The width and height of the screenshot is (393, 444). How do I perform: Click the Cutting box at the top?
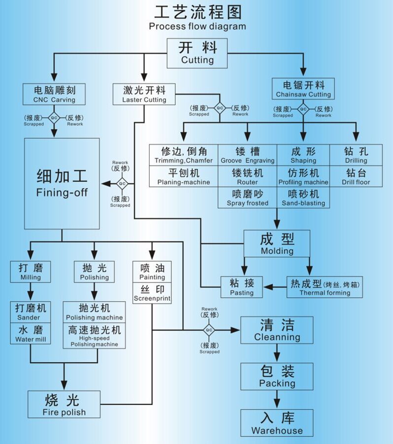(x=197, y=54)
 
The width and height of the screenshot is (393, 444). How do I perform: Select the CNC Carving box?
(x=54, y=94)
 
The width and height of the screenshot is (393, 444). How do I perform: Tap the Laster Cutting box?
(x=144, y=94)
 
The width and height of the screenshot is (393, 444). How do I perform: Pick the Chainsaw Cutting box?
(x=303, y=89)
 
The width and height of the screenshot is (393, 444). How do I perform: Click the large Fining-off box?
(x=62, y=183)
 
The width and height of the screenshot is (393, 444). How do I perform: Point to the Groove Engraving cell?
(x=247, y=155)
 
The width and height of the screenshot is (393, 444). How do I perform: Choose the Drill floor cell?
(x=356, y=177)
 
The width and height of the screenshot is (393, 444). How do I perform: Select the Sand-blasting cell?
(x=303, y=197)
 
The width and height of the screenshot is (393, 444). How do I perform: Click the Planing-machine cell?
(x=183, y=177)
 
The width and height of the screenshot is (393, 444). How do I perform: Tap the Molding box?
(x=277, y=244)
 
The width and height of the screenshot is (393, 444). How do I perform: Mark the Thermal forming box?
(x=325, y=287)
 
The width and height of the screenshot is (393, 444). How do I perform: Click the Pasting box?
(x=241, y=287)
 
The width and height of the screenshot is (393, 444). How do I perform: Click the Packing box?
(x=277, y=377)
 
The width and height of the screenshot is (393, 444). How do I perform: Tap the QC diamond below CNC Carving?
(x=54, y=118)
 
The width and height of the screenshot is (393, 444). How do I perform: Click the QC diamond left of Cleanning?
(x=209, y=330)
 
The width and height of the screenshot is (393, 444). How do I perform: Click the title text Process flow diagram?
(x=197, y=26)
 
